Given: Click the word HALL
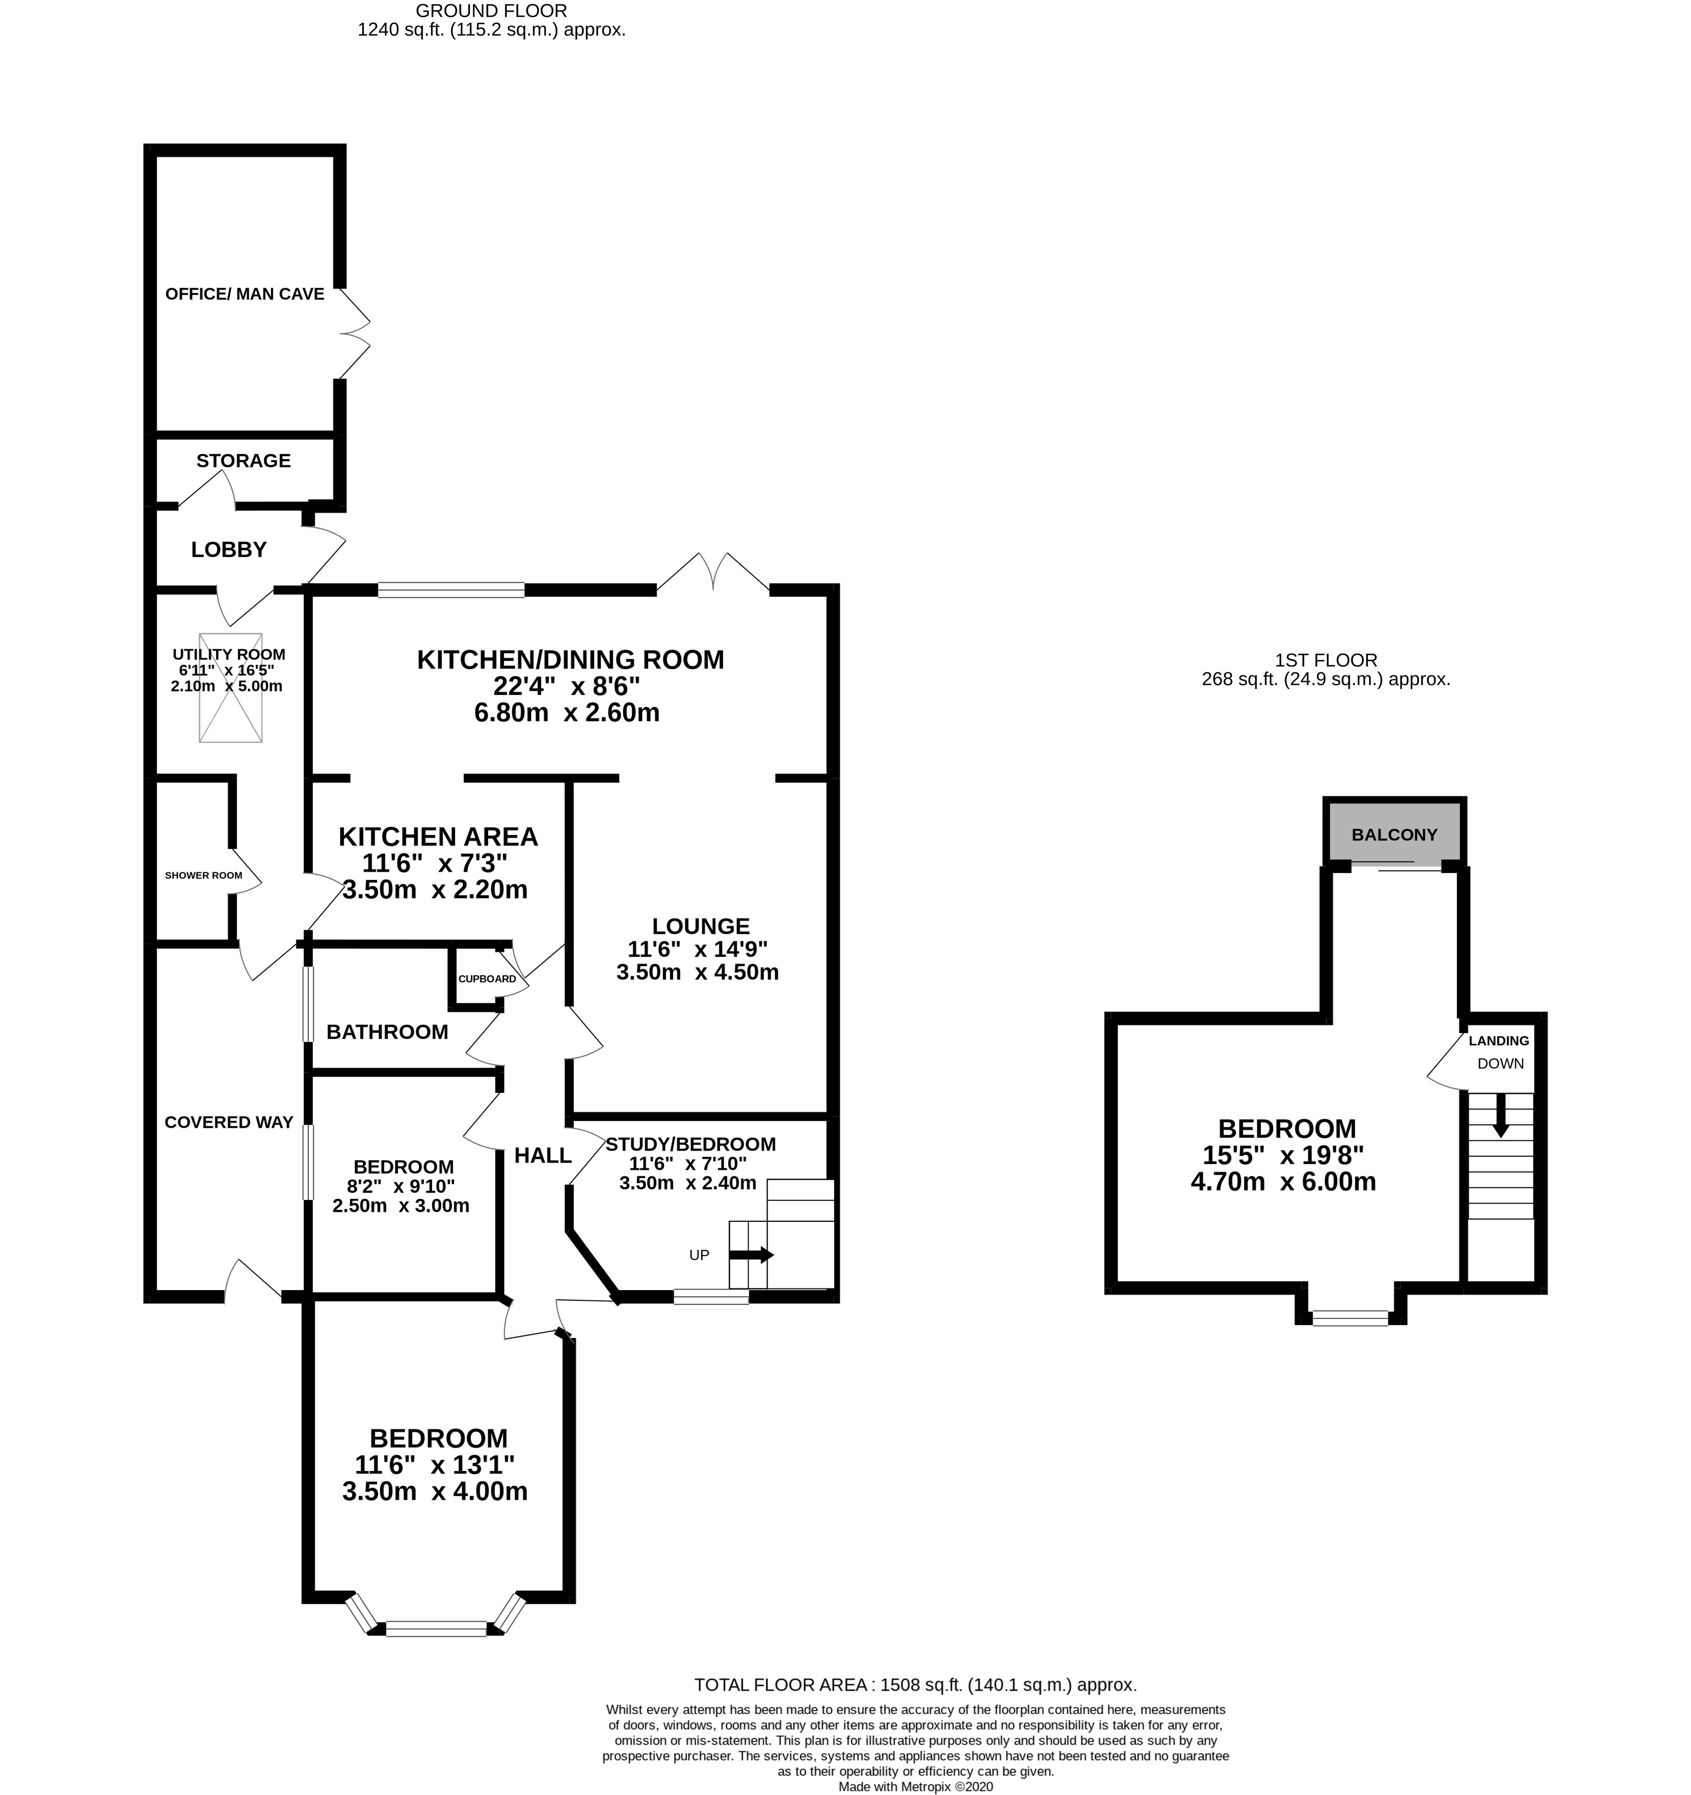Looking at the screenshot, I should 543,1155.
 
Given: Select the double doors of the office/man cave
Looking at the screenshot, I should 355,334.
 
